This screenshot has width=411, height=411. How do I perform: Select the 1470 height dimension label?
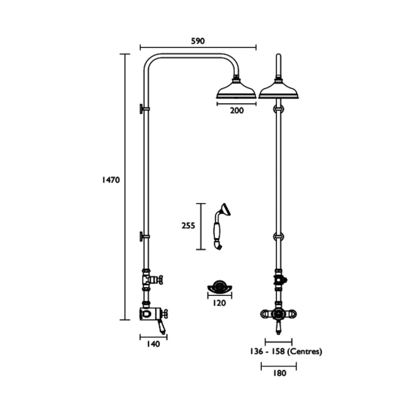[x=111, y=180]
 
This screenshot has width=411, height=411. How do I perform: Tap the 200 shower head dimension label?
[x=236, y=110]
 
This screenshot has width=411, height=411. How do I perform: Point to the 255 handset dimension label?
[x=188, y=225]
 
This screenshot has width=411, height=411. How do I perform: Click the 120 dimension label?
[x=219, y=303]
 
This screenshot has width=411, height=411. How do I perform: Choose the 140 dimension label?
[x=152, y=344]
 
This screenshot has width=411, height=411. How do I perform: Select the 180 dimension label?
[x=279, y=373]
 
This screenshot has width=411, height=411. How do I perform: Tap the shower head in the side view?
[x=236, y=90]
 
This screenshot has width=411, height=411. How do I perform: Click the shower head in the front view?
[x=278, y=90]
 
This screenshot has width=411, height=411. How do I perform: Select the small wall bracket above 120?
[x=219, y=288]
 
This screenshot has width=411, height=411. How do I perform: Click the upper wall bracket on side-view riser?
[x=144, y=109]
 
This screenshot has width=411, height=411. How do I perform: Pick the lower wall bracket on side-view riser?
[x=144, y=237]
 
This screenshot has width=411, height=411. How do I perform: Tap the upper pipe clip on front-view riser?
[x=278, y=109]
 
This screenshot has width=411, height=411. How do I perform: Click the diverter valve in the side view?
[x=150, y=278]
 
